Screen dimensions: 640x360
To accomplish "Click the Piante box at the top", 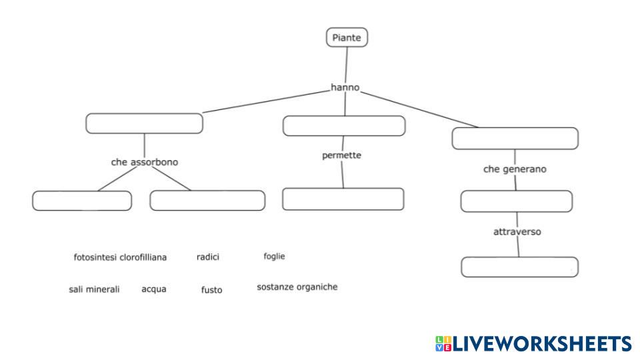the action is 347,37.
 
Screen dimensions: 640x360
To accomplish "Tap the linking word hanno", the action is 345,87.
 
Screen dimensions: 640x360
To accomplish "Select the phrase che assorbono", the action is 145,162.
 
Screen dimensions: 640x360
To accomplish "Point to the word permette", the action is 341,155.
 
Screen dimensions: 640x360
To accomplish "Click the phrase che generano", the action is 515,169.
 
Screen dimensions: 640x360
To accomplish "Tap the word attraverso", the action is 517,232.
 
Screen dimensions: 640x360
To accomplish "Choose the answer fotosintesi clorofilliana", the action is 120,257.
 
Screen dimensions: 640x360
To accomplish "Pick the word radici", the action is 208,257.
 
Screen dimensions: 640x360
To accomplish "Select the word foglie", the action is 274,256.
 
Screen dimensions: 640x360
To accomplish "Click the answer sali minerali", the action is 94,289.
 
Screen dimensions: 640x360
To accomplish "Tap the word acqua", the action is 154,289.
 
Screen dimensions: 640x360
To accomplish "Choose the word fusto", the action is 212,290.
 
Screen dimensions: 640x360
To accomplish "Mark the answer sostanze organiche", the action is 297,287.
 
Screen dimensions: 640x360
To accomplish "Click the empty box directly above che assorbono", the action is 145,123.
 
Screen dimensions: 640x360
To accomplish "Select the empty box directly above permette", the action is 344,126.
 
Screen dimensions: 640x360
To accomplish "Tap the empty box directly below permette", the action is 343,199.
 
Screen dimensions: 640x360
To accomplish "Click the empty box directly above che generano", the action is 515,139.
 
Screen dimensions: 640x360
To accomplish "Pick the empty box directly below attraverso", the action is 519,267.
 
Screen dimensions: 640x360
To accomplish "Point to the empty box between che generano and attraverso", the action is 517,201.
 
